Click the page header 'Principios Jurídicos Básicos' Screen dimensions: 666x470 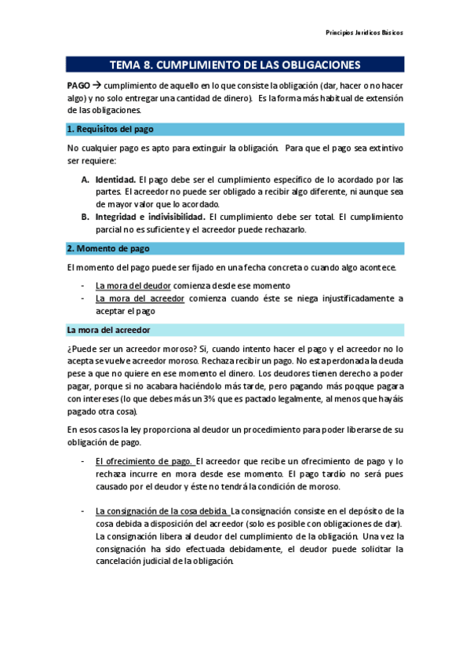(364, 34)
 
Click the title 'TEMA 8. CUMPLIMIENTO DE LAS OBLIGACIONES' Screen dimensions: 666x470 (235, 64)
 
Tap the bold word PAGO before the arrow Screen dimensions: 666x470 (78, 86)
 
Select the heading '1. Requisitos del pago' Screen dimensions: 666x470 (110, 129)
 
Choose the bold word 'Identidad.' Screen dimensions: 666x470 (115, 179)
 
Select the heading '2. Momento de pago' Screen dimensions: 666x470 (108, 248)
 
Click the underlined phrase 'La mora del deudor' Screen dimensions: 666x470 (133, 286)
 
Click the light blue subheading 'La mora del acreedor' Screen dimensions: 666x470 (108, 330)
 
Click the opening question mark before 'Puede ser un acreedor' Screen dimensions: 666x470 (70, 349)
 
